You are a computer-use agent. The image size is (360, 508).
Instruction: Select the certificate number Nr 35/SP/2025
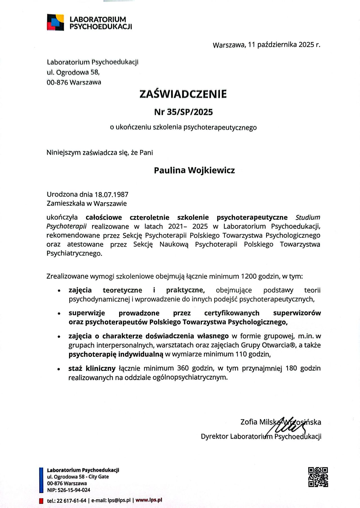183,112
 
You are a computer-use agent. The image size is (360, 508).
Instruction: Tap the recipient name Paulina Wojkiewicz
194,170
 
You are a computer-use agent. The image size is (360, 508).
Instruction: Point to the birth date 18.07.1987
112,194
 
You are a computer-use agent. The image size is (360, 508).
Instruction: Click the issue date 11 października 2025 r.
284,45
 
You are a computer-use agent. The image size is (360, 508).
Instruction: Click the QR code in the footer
318,477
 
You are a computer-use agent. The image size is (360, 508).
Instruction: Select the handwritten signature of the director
287,428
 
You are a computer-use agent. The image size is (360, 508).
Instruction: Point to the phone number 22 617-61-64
72,500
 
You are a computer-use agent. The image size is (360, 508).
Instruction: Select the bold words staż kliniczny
92,368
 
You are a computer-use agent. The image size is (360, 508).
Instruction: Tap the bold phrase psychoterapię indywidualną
116,354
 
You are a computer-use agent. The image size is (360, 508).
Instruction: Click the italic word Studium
308,217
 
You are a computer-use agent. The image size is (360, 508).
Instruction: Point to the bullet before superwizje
59,314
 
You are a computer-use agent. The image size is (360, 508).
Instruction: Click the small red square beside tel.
41,500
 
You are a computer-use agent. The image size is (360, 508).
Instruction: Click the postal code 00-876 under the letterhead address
57,82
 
